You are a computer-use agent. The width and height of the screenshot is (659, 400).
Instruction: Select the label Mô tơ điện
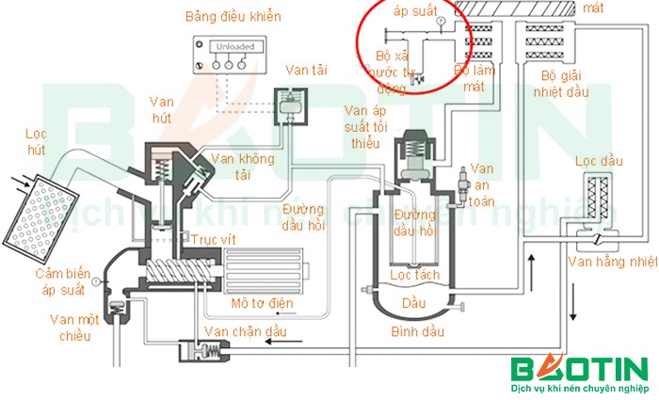(262, 303)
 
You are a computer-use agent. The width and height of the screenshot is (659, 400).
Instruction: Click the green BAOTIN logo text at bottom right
(578, 369)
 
